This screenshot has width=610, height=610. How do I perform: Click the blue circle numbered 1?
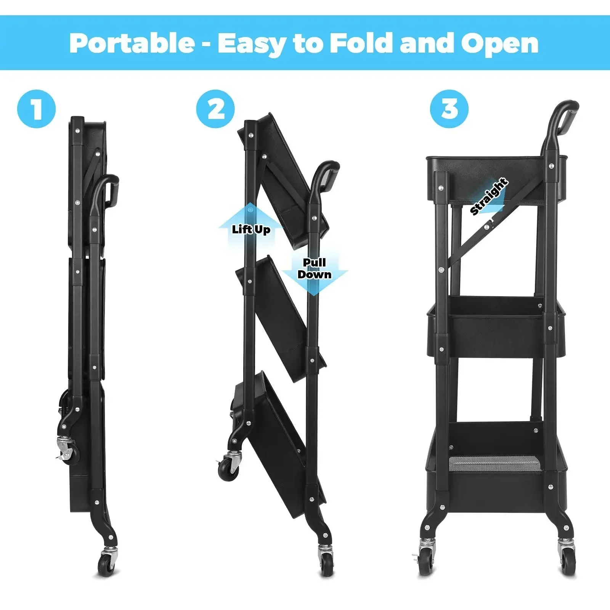[x=37, y=109]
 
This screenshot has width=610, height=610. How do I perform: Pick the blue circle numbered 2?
[x=216, y=109]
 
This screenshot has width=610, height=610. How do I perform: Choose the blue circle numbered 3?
[x=449, y=109]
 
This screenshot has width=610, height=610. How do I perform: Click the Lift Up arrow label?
[x=251, y=229]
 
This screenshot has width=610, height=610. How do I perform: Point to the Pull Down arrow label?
[x=314, y=268]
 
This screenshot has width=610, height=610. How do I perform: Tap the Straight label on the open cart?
[x=489, y=196]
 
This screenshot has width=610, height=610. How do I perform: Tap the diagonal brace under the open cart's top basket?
[x=473, y=240]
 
